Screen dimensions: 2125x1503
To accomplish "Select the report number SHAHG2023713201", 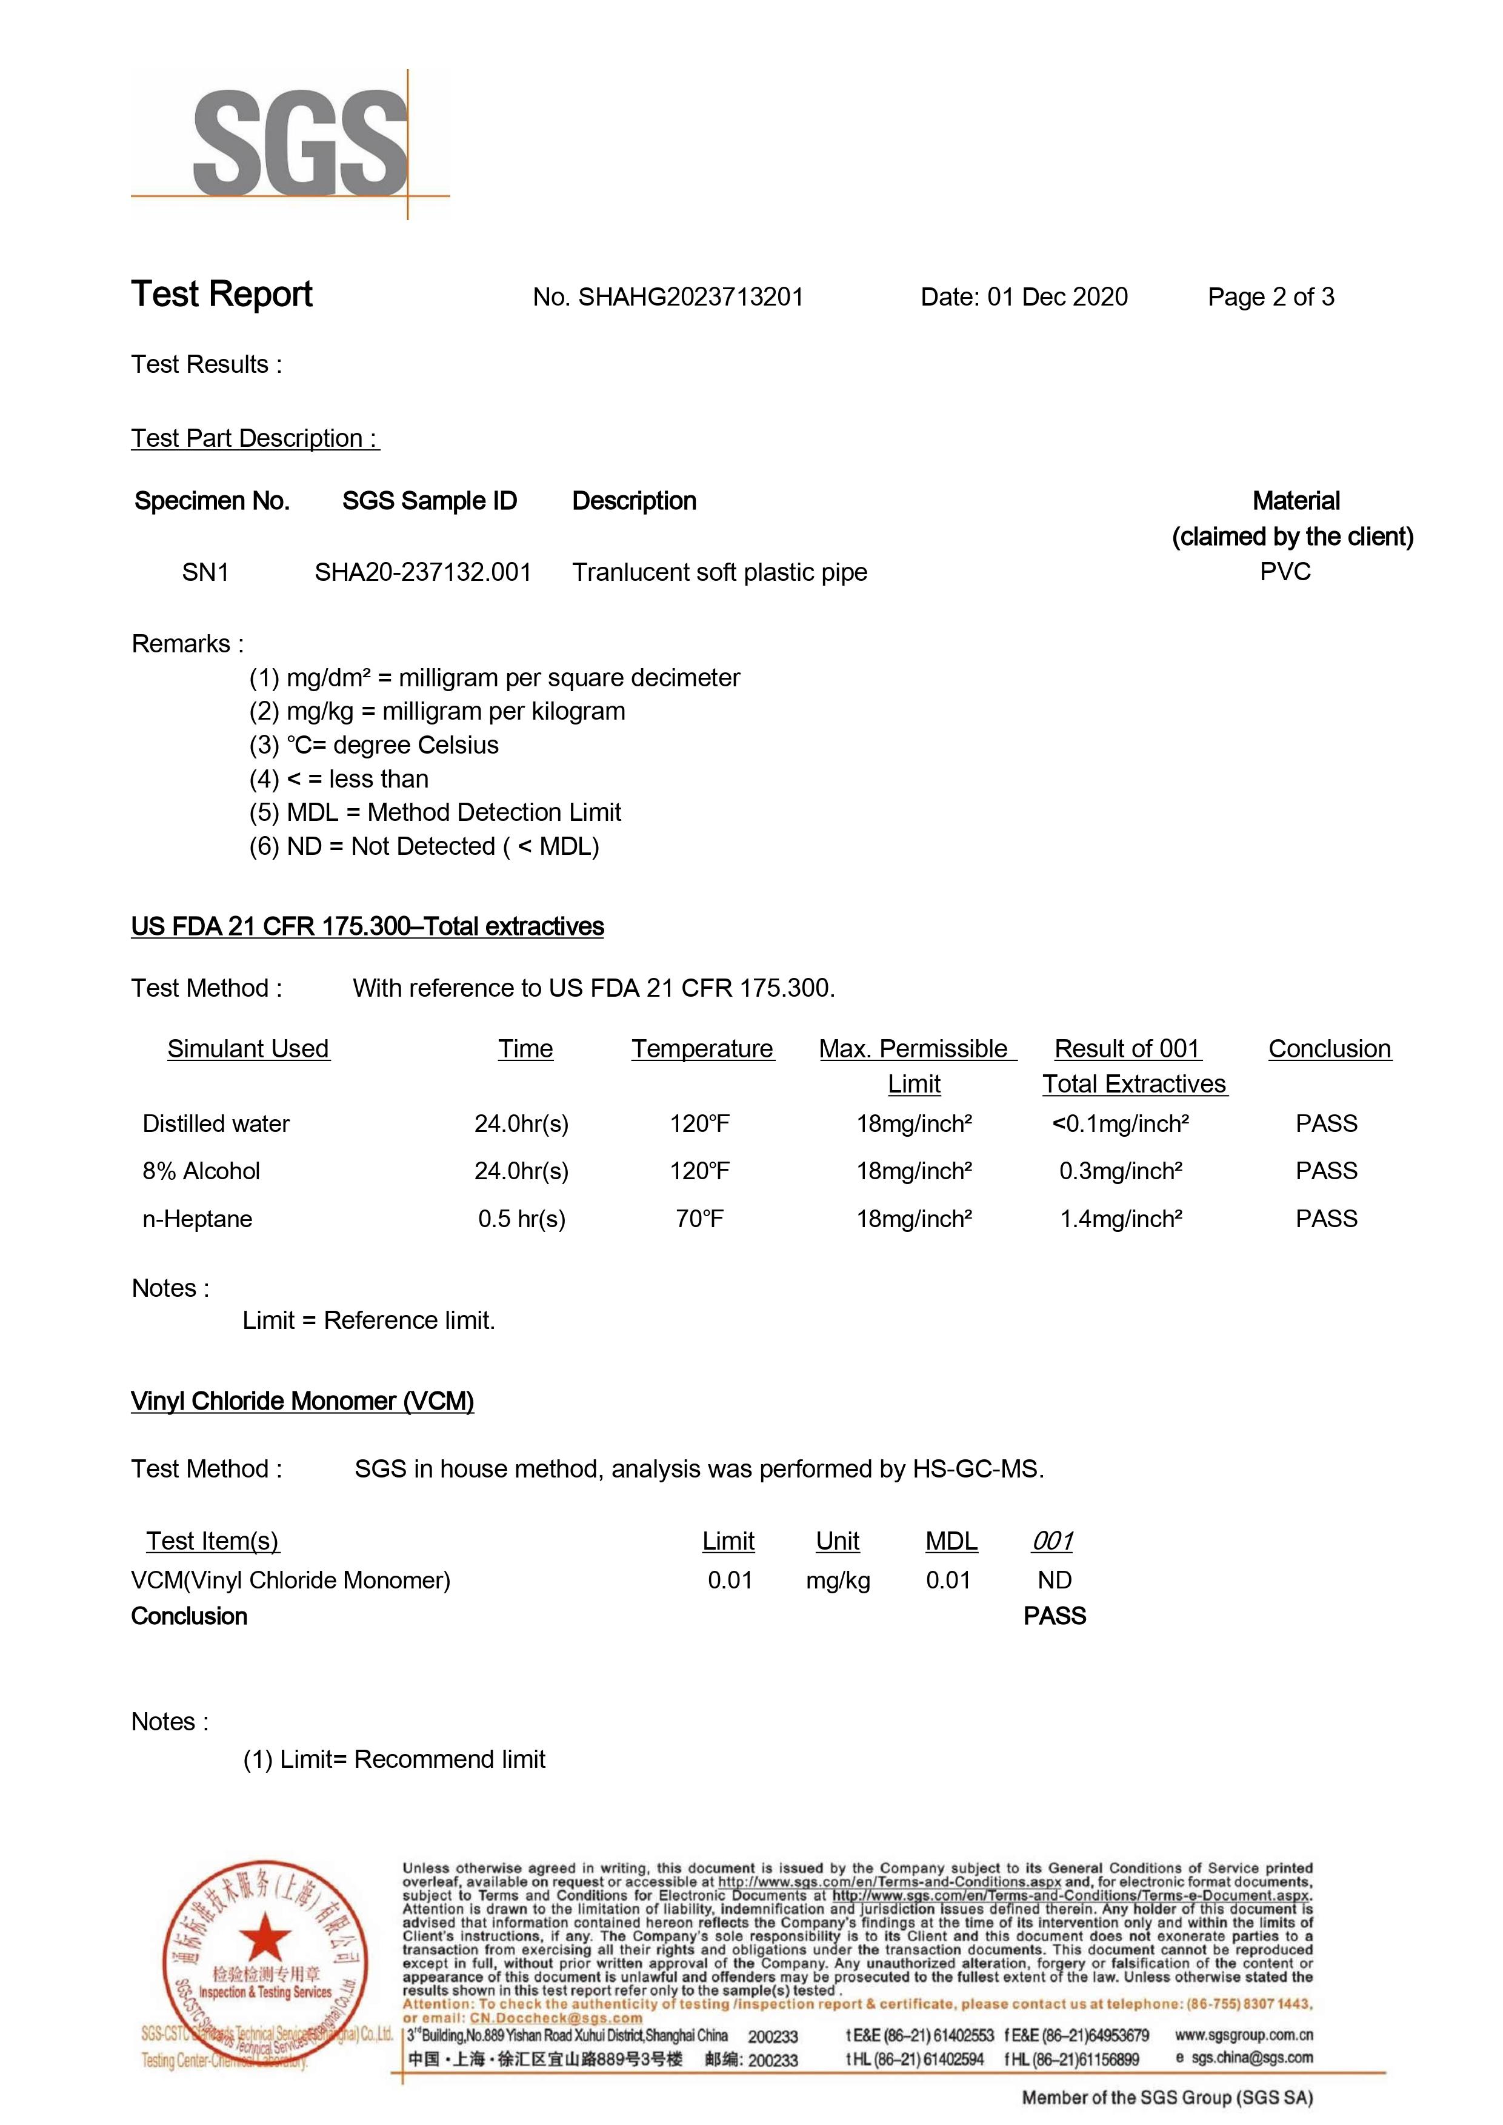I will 690,297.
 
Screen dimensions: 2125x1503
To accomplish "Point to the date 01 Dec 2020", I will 1057,297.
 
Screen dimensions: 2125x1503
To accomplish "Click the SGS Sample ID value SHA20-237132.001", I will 423,572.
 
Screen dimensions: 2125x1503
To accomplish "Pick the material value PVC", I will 1285,571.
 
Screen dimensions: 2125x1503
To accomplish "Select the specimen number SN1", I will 205,572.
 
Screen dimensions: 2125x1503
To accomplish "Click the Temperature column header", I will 702,1048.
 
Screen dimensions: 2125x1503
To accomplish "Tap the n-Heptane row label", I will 197,1219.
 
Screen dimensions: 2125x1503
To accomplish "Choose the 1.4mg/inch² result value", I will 1120,1219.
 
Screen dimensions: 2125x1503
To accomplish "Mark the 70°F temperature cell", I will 699,1219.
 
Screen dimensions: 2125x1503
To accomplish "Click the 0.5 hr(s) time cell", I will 521,1219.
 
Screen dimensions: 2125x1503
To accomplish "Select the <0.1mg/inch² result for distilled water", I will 1120,1123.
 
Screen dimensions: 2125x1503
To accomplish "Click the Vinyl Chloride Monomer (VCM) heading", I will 302,1401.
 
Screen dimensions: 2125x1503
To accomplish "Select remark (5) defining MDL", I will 435,812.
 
